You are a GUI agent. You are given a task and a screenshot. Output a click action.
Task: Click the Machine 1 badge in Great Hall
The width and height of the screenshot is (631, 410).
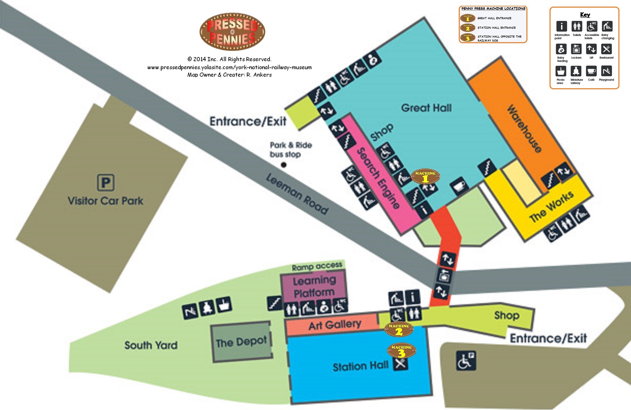click(425, 177)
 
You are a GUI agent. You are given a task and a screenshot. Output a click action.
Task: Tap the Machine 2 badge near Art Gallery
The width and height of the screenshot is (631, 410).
click(399, 329)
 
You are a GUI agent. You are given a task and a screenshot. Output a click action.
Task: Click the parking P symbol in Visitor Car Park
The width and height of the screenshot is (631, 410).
click(106, 182)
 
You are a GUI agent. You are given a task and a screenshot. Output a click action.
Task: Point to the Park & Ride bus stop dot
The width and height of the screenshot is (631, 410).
click(283, 165)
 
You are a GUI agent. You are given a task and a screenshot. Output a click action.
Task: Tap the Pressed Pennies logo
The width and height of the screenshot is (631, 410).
click(232, 32)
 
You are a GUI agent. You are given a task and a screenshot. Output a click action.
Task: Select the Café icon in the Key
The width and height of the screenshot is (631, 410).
click(591, 71)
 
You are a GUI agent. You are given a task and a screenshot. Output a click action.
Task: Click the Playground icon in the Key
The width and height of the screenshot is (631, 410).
click(606, 71)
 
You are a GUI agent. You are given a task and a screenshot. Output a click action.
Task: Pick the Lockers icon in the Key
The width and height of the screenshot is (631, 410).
click(576, 49)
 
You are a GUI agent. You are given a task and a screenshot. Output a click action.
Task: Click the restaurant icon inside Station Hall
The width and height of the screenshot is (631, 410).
click(401, 363)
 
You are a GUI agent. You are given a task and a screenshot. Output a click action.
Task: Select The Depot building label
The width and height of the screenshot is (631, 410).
click(241, 342)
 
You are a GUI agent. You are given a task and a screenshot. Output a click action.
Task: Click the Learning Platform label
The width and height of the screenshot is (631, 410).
click(314, 286)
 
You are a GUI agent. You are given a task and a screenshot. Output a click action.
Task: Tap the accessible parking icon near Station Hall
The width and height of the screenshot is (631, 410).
click(466, 360)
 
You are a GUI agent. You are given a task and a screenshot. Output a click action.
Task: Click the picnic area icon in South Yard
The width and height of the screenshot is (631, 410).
click(224, 305)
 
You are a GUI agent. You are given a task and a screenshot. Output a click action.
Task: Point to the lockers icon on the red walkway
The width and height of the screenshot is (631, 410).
click(444, 276)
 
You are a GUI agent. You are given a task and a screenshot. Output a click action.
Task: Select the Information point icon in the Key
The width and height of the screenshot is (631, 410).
click(562, 26)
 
